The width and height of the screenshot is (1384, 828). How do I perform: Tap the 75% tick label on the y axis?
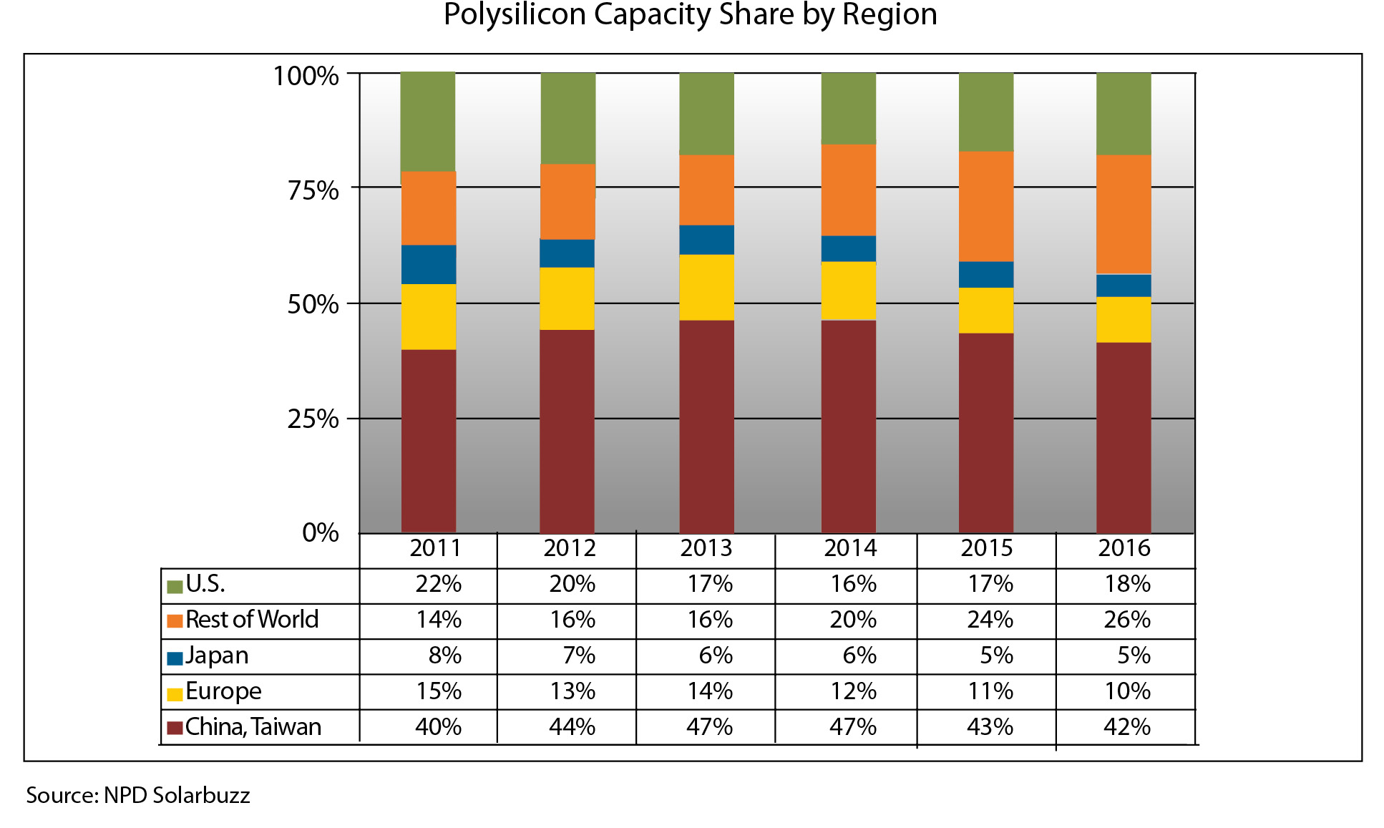pos(313,190)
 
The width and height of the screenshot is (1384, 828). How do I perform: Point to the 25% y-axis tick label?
pos(313,419)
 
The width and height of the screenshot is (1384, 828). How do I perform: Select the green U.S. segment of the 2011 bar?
pos(428,122)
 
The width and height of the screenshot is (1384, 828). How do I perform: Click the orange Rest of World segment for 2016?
pos(1124,214)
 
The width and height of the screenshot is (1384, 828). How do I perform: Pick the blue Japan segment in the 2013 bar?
pos(706,240)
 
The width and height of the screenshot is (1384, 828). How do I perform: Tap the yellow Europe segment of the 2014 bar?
pos(849,291)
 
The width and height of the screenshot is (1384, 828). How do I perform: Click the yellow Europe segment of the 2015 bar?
pos(986,311)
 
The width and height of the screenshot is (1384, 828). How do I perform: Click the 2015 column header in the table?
pos(986,548)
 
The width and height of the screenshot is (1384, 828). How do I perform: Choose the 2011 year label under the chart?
pos(435,548)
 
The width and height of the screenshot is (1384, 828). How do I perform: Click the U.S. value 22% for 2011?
pos(438,584)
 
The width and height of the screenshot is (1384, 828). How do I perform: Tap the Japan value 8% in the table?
pos(444,656)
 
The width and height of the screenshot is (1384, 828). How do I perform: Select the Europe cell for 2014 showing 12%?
pos(852,691)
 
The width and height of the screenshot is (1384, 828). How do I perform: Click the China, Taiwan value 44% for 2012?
pos(572,727)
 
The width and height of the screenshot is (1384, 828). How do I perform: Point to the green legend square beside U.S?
pos(175,587)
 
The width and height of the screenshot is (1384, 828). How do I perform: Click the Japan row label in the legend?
pos(217,656)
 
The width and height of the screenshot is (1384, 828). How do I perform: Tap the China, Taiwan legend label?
pos(253,727)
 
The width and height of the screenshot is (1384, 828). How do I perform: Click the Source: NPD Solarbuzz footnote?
pos(138,796)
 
